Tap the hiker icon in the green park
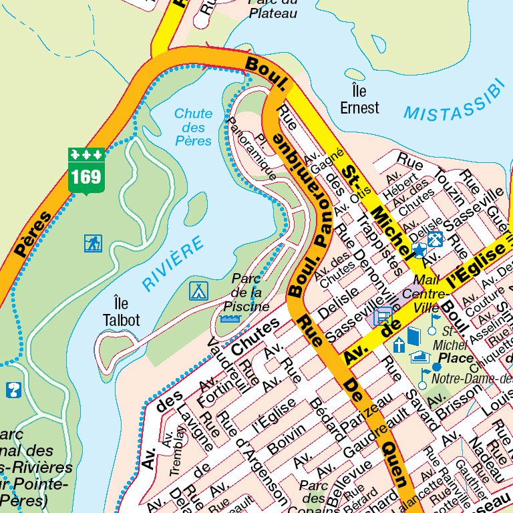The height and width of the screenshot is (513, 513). (x=93, y=243)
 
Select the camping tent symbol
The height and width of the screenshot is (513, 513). (x=199, y=291)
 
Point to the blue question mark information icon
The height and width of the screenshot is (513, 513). (x=13, y=389)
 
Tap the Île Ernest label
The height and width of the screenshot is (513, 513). (x=359, y=100)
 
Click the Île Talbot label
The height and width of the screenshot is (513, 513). (x=122, y=312)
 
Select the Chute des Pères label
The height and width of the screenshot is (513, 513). (x=193, y=127)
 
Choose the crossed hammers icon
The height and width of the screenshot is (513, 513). (x=435, y=238)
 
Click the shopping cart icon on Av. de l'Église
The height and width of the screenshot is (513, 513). (x=383, y=315)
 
